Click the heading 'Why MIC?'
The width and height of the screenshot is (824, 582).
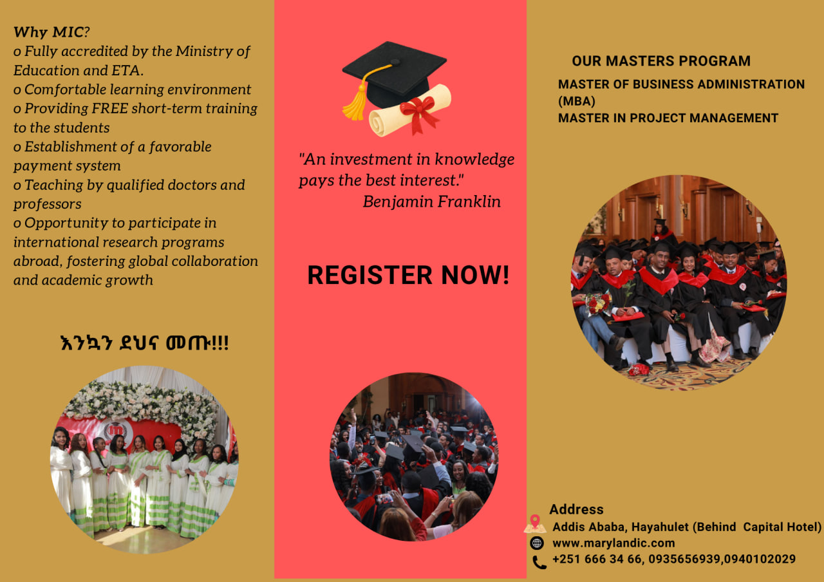51,32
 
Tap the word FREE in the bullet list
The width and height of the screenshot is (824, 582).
109,108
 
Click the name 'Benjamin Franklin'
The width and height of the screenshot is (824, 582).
432,202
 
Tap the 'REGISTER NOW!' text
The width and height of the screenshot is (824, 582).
408,275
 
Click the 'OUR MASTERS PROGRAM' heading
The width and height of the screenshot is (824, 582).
661,61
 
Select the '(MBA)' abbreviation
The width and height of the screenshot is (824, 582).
576,101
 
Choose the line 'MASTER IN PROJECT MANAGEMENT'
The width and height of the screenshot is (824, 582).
668,118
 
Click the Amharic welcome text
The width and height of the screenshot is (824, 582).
145,343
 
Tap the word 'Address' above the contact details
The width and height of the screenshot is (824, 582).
576,509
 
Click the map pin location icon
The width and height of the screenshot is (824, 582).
535,524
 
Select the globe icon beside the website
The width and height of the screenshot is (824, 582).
537,543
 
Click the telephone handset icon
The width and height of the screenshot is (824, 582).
539,563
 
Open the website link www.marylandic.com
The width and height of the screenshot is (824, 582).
613,543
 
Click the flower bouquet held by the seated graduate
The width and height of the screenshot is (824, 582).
598,303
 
